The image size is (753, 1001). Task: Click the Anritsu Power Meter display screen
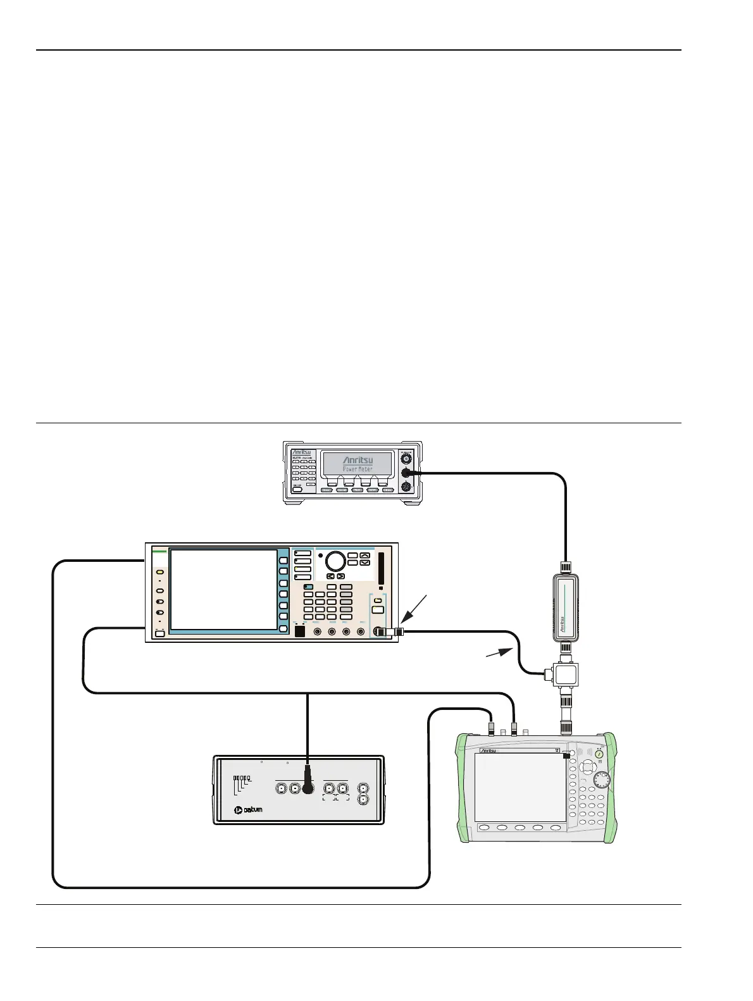(x=357, y=466)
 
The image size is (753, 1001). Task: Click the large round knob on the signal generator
(x=335, y=561)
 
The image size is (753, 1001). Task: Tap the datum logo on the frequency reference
(x=247, y=810)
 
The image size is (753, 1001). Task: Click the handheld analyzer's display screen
(x=520, y=787)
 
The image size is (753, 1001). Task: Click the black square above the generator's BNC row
(x=301, y=631)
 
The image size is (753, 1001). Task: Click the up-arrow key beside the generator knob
(x=365, y=555)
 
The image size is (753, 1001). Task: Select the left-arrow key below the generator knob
(x=330, y=576)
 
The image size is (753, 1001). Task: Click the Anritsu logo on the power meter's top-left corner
(x=302, y=452)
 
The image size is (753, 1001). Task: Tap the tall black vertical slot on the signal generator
(x=380, y=569)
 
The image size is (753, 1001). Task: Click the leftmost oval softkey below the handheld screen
(x=484, y=828)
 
